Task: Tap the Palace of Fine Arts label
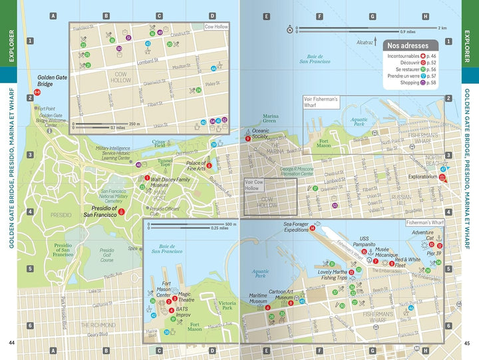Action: click(196, 166)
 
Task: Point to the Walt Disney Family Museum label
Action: click(171, 182)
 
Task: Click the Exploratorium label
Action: click(423, 178)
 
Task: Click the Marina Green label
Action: click(269, 118)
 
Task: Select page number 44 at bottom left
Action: click(11, 343)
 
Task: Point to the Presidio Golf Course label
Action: click(106, 255)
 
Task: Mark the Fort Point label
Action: click(46, 108)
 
